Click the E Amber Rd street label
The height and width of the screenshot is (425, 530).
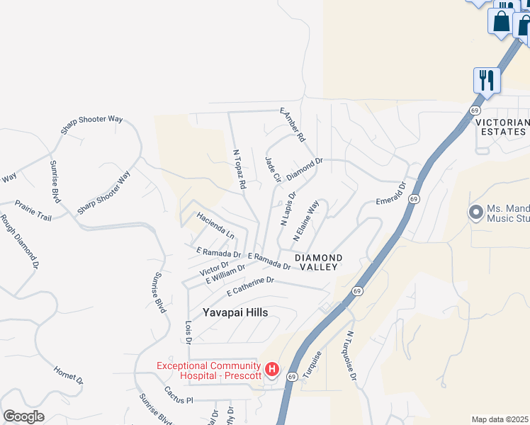pyautogui.click(x=292, y=123)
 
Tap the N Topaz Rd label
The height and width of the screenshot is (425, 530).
pyautogui.click(x=239, y=169)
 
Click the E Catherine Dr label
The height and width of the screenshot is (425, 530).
pyautogui.click(x=250, y=286)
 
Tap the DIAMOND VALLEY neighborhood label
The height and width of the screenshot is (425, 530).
pyautogui.click(x=319, y=262)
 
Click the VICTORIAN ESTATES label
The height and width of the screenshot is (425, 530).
pyautogui.click(x=502, y=127)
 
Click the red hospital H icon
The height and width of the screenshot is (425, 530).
pyautogui.click(x=272, y=370)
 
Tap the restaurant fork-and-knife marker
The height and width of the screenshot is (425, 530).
pyautogui.click(x=486, y=79)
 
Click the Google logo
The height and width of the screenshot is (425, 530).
pyautogui.click(x=23, y=416)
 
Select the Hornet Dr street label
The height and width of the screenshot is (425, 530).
pyautogui.click(x=68, y=375)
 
